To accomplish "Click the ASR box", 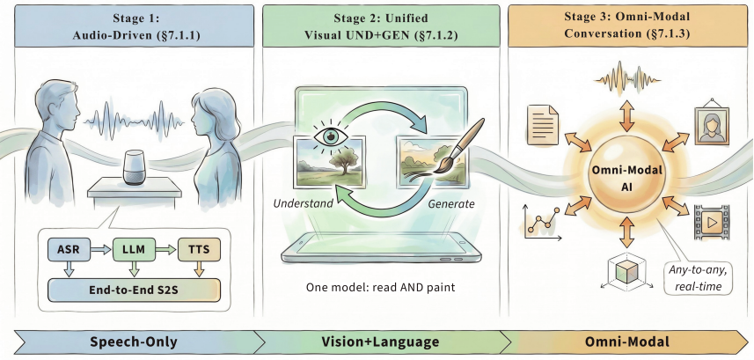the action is (x=70, y=249).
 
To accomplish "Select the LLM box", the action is (x=134, y=249).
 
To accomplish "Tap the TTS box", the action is (x=199, y=249).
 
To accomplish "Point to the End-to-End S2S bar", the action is (x=134, y=290).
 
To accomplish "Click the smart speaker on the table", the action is (x=134, y=167).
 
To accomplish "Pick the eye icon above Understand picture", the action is (x=330, y=136).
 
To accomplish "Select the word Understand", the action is (x=303, y=203).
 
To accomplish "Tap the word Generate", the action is (x=451, y=203).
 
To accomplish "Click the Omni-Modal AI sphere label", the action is (x=627, y=178).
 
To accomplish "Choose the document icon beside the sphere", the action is (x=543, y=125).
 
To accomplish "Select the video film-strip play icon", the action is (x=711, y=222).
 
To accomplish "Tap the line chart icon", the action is (x=541, y=223).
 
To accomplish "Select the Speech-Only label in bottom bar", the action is (x=133, y=342).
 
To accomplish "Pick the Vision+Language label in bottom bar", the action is (x=379, y=342).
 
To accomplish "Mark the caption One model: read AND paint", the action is (x=380, y=288).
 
